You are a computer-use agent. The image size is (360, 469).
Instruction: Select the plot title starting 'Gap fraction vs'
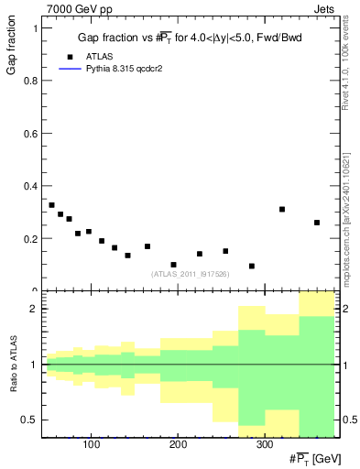coord(191,38)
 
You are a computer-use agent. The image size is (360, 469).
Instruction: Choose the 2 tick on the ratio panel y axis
coord(34,309)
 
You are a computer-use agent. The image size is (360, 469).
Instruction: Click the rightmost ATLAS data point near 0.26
coord(317,223)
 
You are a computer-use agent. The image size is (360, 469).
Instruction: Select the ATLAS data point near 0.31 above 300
coord(282,210)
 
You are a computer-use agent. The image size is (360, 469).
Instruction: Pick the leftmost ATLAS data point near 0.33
coord(51,205)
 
